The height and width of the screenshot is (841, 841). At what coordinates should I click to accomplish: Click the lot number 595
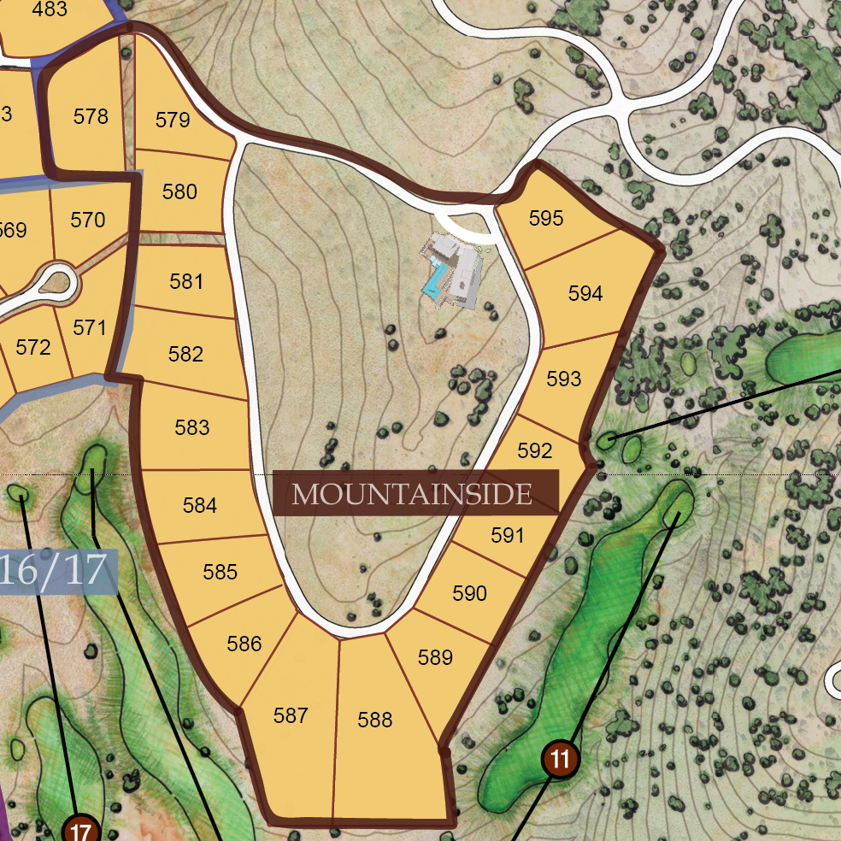[546, 218]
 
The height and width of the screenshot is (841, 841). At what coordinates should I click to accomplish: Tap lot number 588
[375, 720]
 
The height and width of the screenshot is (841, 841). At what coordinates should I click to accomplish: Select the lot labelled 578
[91, 116]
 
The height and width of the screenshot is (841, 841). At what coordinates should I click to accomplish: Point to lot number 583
[191, 427]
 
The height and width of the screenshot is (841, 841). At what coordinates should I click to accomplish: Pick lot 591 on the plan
[507, 536]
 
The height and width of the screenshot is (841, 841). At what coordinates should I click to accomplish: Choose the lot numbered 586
[244, 644]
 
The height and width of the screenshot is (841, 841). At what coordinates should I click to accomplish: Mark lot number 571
[89, 327]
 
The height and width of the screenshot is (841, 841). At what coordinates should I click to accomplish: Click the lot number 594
[585, 293]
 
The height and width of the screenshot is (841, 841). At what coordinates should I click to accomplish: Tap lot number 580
[179, 191]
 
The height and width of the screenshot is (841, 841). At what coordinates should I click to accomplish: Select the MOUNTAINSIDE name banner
[415, 493]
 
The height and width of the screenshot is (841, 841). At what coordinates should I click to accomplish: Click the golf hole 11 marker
[561, 758]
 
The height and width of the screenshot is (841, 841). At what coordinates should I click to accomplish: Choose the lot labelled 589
[435, 657]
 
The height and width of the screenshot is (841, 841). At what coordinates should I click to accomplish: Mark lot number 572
[33, 347]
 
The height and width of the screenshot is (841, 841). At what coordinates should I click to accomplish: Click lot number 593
[563, 379]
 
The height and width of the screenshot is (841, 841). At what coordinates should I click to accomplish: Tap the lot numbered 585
[221, 572]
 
